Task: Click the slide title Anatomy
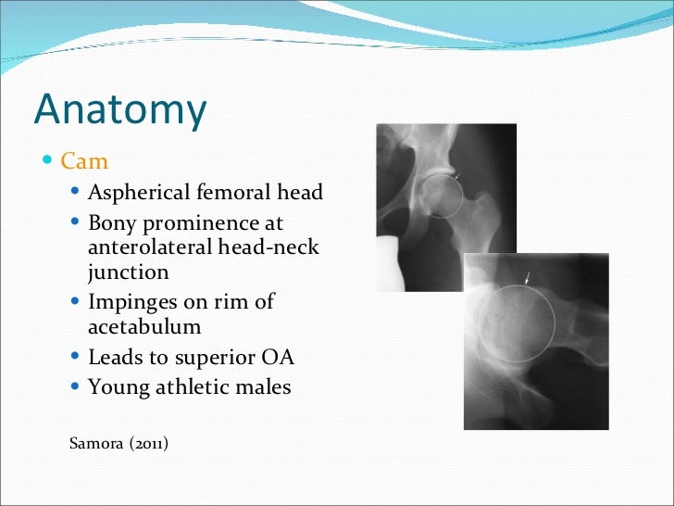pos(120,110)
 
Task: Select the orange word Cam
pos(84,162)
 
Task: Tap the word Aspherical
pos(139,193)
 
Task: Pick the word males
pos(262,387)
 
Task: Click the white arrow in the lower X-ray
pos(528,277)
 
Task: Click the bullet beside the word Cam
pos(49,162)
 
